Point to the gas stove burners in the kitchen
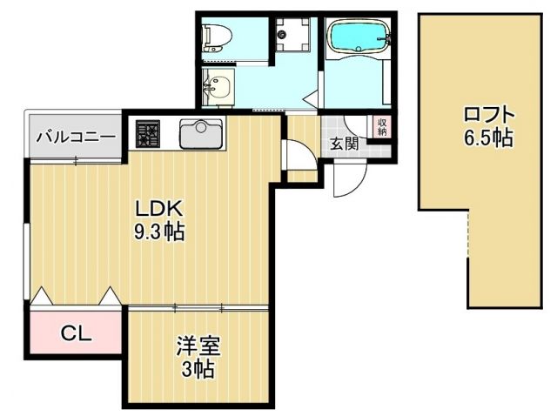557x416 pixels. coord(148,133)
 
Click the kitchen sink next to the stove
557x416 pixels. coord(200,134)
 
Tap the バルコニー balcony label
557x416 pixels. coord(75,138)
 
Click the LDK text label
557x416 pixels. coord(158,210)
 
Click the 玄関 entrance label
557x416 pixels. coord(343,144)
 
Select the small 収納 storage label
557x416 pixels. coord(382,127)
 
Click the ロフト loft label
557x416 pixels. coord(488,114)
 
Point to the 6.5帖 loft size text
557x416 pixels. coord(488,137)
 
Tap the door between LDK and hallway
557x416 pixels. coord(294,157)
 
